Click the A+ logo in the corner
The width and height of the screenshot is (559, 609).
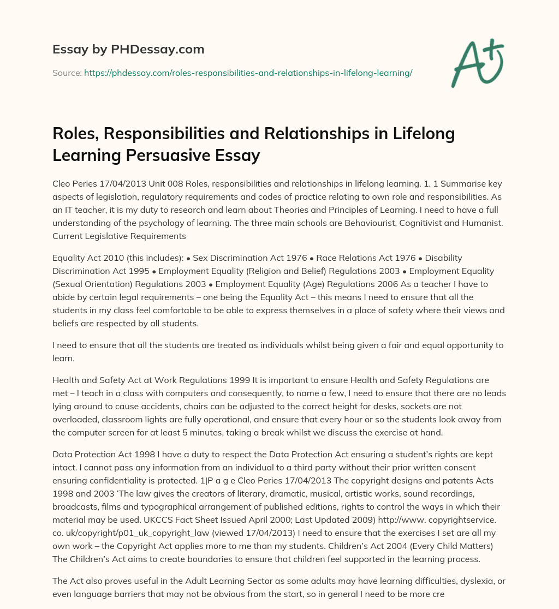[x=477, y=63]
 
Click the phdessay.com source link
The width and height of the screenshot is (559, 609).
[x=248, y=73]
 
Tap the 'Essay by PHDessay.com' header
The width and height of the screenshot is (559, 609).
[x=128, y=50]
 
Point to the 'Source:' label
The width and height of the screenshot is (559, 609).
[x=67, y=73]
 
